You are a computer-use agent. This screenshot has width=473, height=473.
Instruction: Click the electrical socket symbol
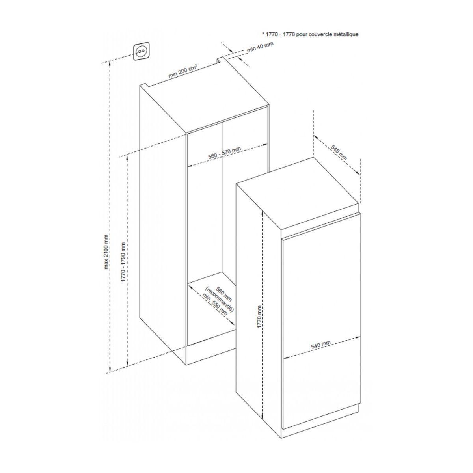click(x=141, y=52)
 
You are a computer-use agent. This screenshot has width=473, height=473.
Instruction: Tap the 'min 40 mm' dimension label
click(x=260, y=47)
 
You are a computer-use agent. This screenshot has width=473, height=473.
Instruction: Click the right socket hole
click(x=143, y=52)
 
